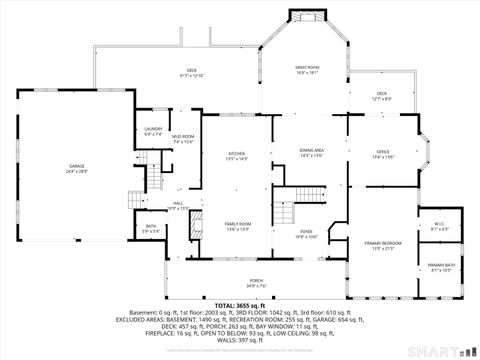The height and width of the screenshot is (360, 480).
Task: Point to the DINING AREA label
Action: click(x=312, y=150)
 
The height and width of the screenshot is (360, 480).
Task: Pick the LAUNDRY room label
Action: click(x=153, y=129)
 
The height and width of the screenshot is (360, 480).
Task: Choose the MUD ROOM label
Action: click(x=183, y=137)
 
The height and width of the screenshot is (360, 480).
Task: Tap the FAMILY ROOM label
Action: click(x=238, y=224)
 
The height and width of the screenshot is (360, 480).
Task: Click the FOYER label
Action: click(x=306, y=231)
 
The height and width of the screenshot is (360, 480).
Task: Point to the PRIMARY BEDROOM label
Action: click(x=383, y=243)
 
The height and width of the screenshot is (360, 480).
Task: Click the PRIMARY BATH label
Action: click(x=442, y=265)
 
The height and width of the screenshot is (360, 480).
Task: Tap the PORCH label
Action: click(x=256, y=281)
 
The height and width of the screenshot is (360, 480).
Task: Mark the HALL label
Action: click(x=178, y=204)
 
